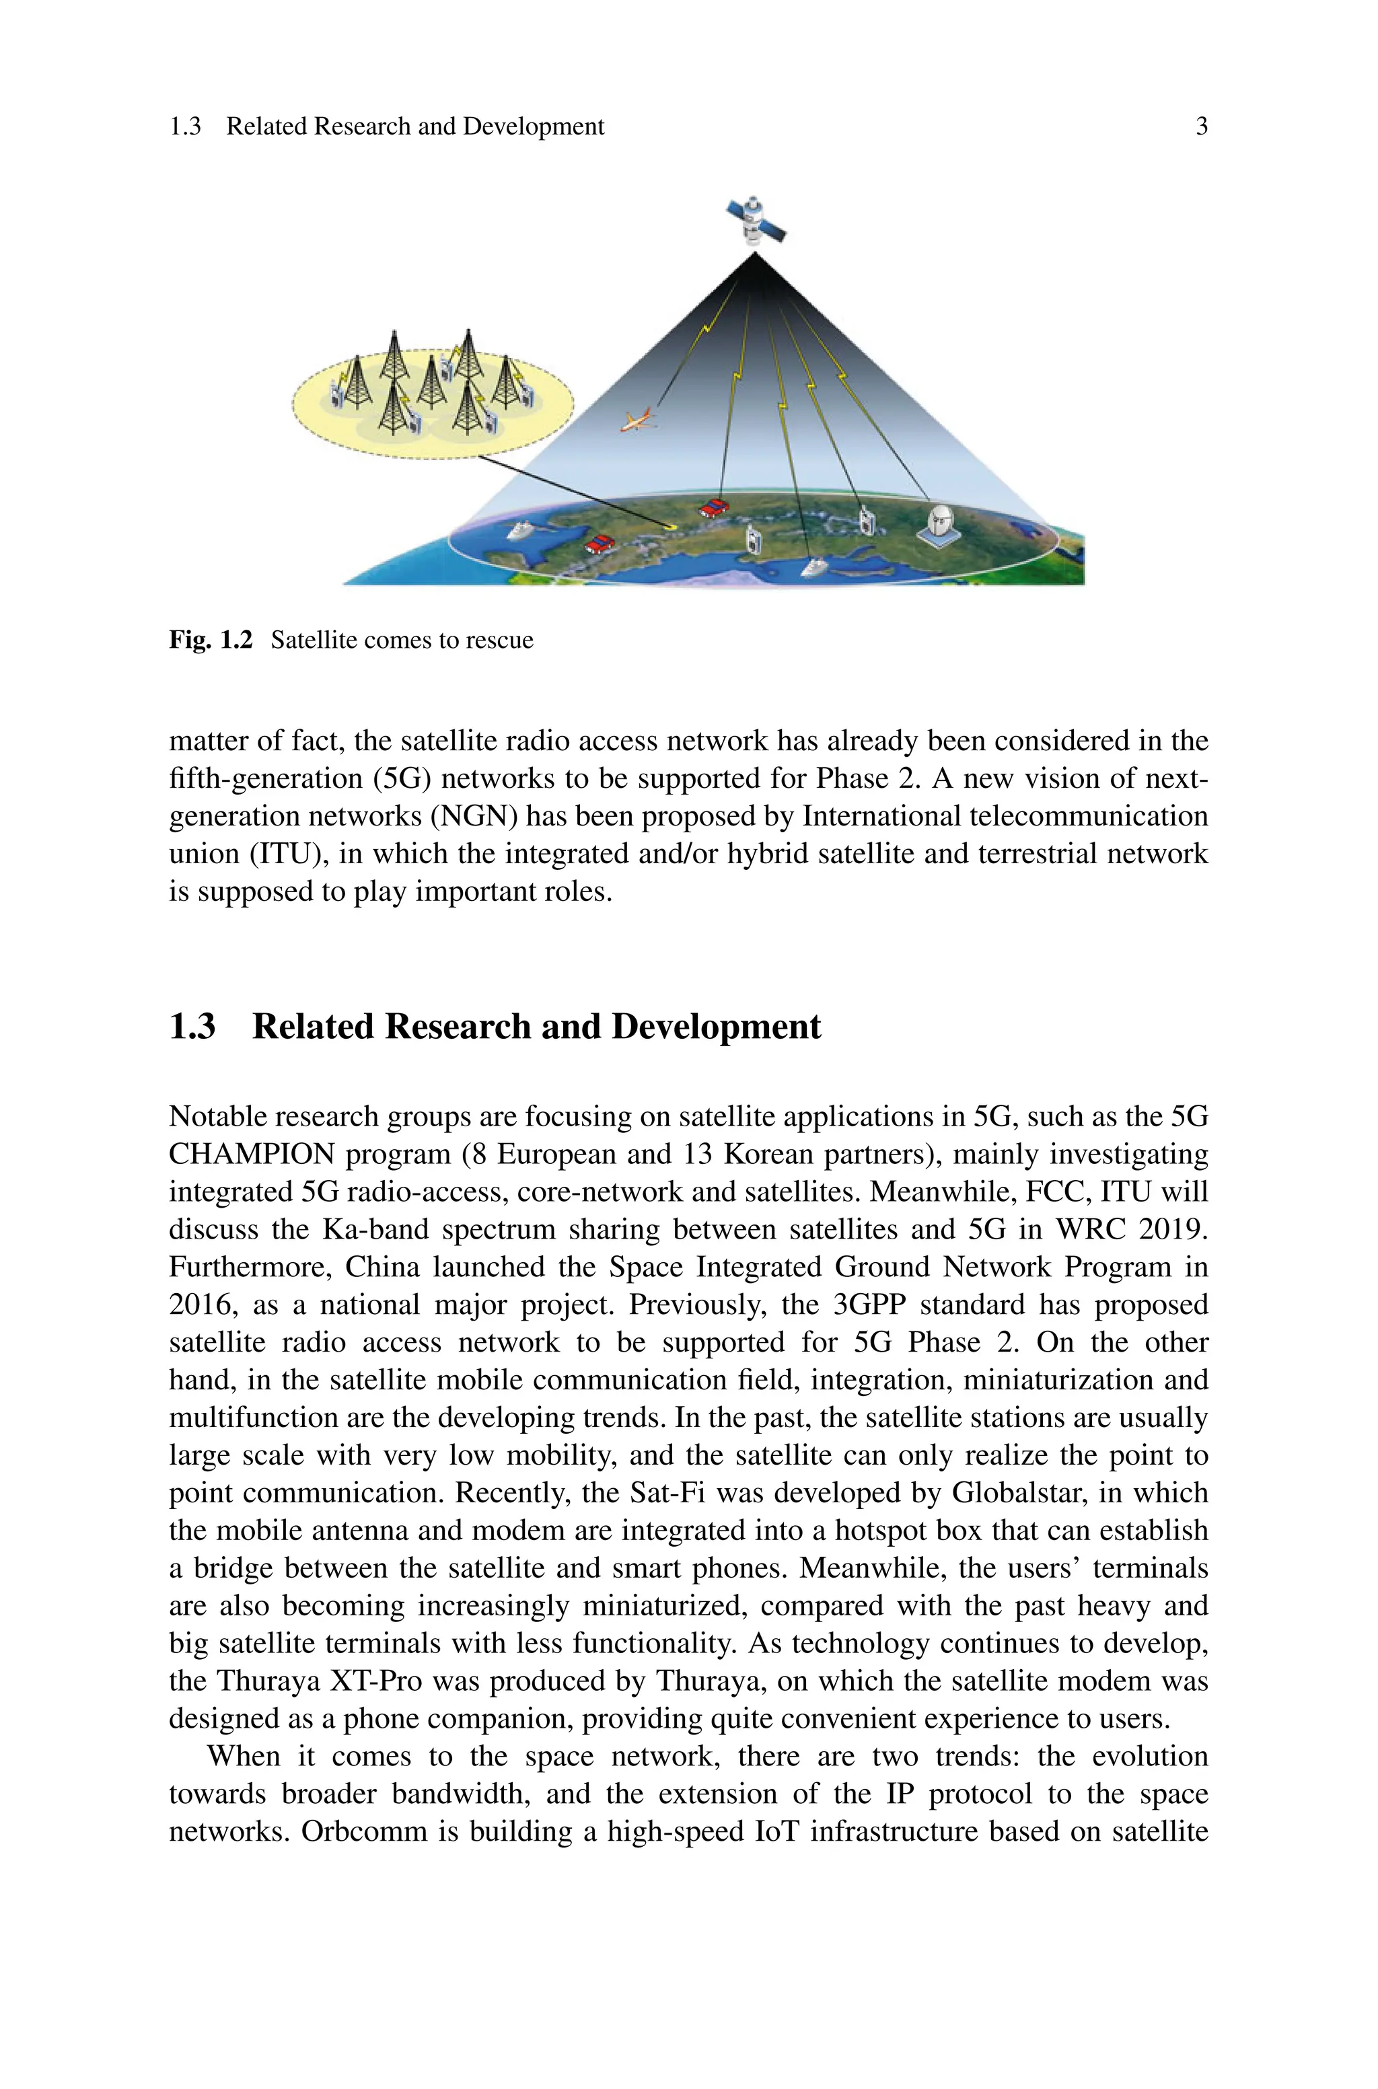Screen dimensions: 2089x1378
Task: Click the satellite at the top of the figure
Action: pos(755,221)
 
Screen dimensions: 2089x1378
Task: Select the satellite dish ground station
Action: pos(939,525)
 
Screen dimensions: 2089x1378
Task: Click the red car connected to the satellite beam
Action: pos(715,508)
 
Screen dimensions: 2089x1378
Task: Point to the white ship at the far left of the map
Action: pos(519,531)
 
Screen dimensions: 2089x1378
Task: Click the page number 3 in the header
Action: pos(1201,126)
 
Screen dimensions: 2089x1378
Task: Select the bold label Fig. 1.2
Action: pos(210,640)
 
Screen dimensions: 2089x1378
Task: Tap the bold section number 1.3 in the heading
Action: pos(192,1026)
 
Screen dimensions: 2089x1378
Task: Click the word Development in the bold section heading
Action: pos(715,1026)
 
